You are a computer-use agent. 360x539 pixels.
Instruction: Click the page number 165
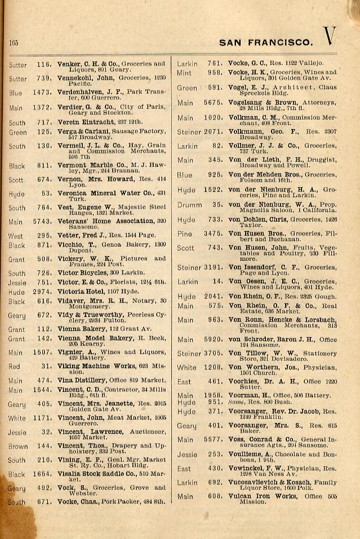(14, 43)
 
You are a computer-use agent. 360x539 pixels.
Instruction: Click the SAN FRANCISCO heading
(265, 42)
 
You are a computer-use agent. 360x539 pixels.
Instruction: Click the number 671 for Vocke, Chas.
(44, 502)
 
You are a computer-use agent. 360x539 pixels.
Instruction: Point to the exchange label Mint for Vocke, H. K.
(184, 73)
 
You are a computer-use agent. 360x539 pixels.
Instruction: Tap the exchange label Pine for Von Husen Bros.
(184, 233)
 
